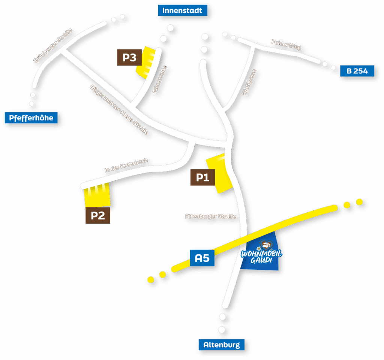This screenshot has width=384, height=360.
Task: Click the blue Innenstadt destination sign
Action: pos(182,10)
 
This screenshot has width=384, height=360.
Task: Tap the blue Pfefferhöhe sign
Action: pos(31,118)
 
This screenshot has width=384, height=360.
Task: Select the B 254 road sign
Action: pos(357,71)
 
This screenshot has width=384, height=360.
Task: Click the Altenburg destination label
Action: pos(221,345)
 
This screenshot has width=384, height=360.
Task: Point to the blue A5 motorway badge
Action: pos(202,258)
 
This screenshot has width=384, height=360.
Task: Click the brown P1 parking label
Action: pos(202,177)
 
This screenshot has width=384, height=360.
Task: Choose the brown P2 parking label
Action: pos(97,216)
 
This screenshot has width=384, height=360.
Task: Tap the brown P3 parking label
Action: pos(129,58)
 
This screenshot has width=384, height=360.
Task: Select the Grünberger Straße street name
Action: pos(52,45)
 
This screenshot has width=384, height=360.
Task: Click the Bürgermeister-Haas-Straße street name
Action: pos(119,110)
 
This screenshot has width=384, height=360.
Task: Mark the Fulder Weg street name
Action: pos(286,45)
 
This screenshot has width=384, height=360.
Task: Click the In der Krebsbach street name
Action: pos(126,166)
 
